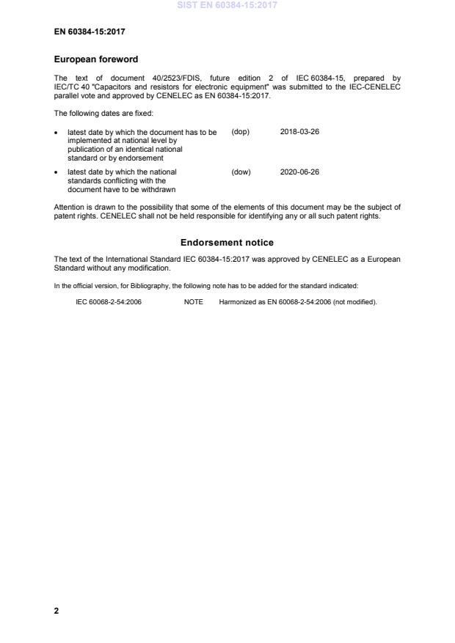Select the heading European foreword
[96, 59]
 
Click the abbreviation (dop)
[241, 132]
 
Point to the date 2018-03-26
[299, 132]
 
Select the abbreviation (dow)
[241, 172]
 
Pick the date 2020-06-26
[299, 172]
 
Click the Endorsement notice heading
[227, 242]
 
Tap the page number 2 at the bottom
[57, 610]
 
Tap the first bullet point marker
[57, 133]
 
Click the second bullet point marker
[57, 173]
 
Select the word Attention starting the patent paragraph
[70, 207]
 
